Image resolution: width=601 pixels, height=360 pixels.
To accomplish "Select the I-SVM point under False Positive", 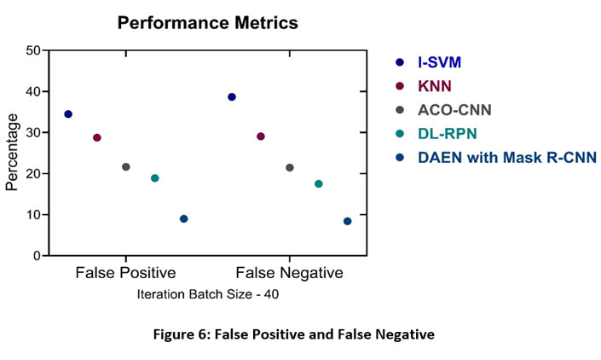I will (x=68, y=113).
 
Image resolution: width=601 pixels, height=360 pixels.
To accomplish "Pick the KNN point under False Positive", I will (x=97, y=137).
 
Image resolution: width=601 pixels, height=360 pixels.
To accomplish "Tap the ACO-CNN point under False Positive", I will (x=126, y=166).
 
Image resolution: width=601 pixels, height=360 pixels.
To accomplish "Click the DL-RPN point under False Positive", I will (x=155, y=178).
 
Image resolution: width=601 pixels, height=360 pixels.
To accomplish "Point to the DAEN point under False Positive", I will (x=184, y=219).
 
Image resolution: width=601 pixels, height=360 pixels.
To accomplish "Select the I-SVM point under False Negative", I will (x=232, y=97).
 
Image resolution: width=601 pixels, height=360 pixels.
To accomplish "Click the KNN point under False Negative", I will (x=261, y=136).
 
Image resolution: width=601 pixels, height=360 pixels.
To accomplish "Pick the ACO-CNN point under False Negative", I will (x=290, y=167).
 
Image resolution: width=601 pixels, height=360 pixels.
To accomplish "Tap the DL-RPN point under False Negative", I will (x=319, y=184).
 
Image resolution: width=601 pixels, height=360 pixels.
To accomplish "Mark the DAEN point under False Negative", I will (x=348, y=221).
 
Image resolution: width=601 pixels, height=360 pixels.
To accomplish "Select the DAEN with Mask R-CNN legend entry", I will (x=506, y=157).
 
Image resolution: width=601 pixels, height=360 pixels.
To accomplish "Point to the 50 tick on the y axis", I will (x=35, y=50).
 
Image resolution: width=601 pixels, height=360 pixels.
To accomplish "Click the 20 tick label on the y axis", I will (x=35, y=174).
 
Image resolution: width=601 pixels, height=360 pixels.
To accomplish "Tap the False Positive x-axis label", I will (x=125, y=274).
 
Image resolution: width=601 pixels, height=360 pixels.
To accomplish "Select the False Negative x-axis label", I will (x=290, y=274).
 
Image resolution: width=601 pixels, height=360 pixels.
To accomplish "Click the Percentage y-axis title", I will (x=12, y=153).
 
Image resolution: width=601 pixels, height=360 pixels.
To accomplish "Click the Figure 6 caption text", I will (x=300, y=334).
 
